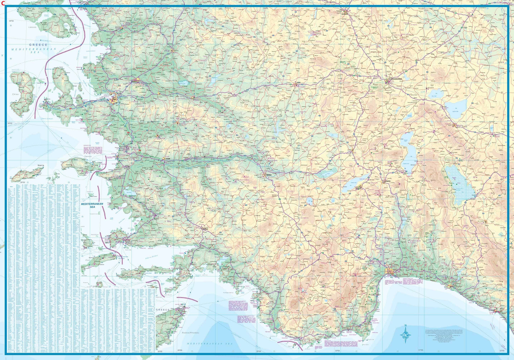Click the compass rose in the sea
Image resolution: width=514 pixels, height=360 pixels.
pos(406,334)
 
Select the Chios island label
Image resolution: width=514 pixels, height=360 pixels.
pos(15,94)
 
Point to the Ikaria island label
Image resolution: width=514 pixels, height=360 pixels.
pos(41,166)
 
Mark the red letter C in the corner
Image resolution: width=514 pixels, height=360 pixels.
pos(3,3)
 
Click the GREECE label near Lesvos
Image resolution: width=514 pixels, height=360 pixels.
pos(38,45)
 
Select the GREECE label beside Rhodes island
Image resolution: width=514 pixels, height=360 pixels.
pos(162,310)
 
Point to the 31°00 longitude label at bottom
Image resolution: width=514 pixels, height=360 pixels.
pos(420,350)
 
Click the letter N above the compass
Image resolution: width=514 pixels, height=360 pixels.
pos(405,325)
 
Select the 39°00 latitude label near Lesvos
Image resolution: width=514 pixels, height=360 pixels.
pos(11,21)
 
